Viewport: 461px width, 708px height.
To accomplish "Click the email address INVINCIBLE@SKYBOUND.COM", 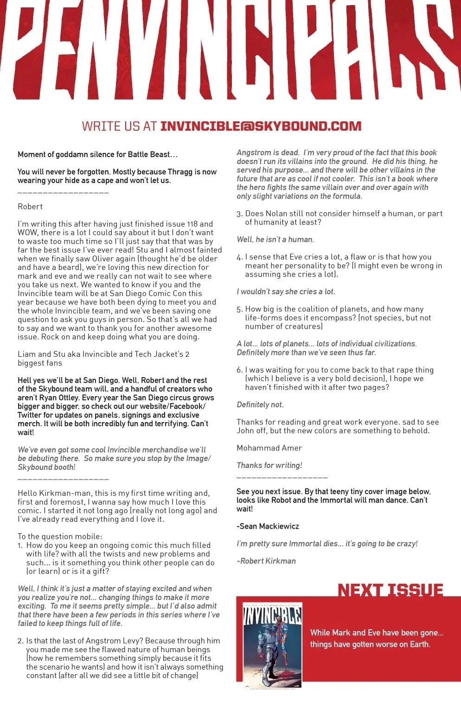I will (260, 126).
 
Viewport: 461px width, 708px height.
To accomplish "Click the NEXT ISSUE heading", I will (390, 590).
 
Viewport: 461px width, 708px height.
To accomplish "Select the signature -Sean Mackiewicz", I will (268, 526).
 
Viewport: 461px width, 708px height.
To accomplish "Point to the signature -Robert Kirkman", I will (266, 561).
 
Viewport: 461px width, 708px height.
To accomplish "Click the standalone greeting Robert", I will (30, 206).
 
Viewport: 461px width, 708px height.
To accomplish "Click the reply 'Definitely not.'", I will (260, 405).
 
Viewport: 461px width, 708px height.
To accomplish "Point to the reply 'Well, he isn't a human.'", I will (275, 240).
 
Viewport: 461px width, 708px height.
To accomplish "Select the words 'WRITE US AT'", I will (119, 126).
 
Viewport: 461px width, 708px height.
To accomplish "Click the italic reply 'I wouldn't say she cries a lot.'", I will (286, 291).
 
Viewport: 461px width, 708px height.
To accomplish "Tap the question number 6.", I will (239, 370).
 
